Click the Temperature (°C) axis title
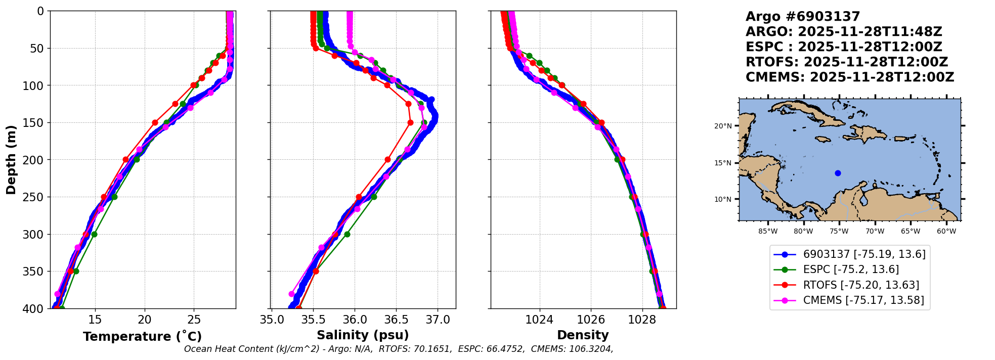coord(142,336)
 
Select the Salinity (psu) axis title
coord(363,335)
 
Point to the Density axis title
coord(583,335)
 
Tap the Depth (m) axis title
coord(11,159)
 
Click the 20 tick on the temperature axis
coord(145,320)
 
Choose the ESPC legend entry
coord(851,269)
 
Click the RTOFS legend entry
coord(861,285)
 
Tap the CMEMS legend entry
coord(863,300)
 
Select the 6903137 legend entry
coord(864,254)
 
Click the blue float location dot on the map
coord(838,173)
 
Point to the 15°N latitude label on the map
coord(723,163)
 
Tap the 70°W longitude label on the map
coord(875,232)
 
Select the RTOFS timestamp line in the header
coord(847,62)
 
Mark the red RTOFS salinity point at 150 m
coord(410,122)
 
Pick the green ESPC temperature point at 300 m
coord(94,234)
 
